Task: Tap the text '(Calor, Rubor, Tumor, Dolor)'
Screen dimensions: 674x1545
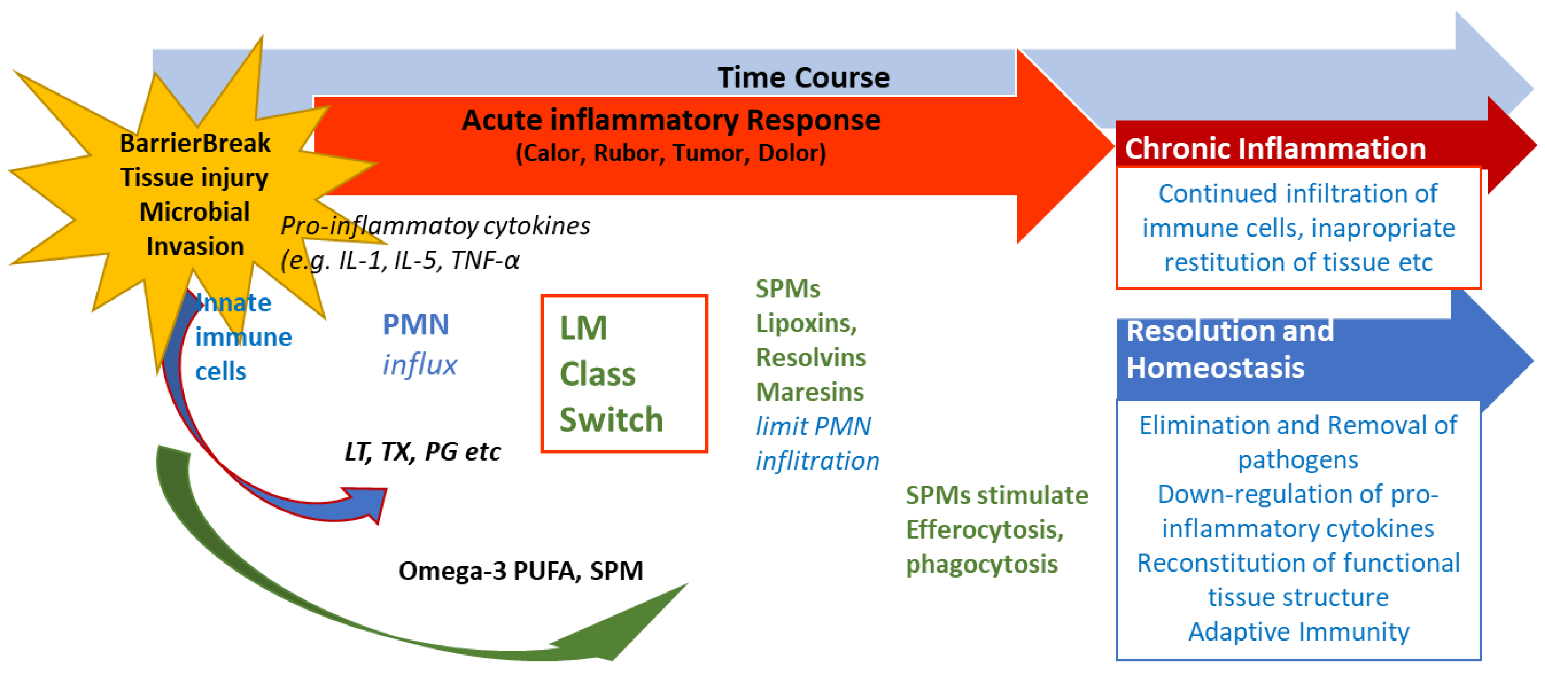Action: tap(671, 153)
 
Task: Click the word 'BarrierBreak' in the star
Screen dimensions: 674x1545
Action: tap(195, 143)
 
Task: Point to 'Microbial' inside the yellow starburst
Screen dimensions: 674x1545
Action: tap(194, 212)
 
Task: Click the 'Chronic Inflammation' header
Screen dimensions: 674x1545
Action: tap(1274, 148)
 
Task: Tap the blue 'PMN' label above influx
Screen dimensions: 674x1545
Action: tap(416, 324)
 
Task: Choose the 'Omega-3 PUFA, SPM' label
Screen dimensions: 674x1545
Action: tap(521, 570)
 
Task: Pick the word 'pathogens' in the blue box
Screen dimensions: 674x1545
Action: tap(1298, 460)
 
